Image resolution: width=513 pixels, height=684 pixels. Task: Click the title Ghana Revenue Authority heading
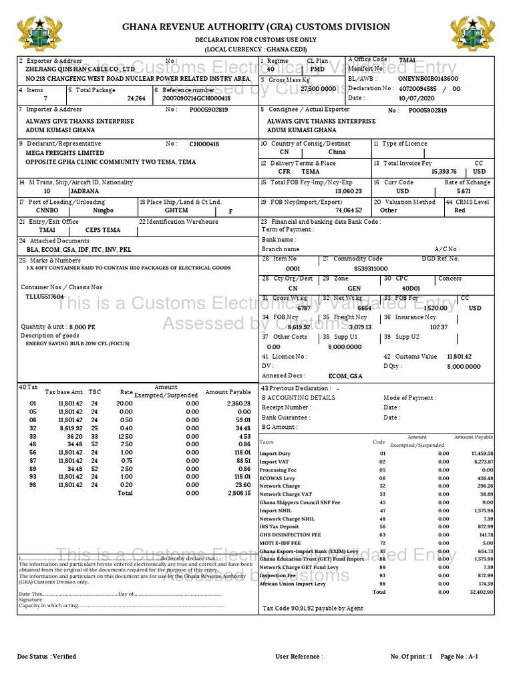pyautogui.click(x=256, y=27)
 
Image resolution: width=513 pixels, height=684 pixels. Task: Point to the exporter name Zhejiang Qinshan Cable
pyautogui.click(x=80, y=69)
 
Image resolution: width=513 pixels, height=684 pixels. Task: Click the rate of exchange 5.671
pyautogui.click(x=464, y=190)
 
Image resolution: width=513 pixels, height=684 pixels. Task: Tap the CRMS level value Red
pyautogui.click(x=460, y=210)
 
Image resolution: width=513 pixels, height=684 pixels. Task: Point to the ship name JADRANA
pyautogui.click(x=84, y=190)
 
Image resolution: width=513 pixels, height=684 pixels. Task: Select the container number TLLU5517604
pyautogui.click(x=45, y=296)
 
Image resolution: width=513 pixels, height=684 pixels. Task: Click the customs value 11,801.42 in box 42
pyautogui.click(x=459, y=357)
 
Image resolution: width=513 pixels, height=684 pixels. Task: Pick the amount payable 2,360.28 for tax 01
pyautogui.click(x=238, y=403)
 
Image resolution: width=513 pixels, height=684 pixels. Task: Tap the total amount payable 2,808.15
pyautogui.click(x=238, y=493)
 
